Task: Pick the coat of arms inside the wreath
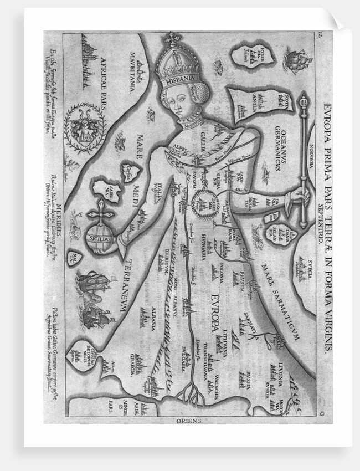(85, 129)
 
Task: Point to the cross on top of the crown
(176, 39)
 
